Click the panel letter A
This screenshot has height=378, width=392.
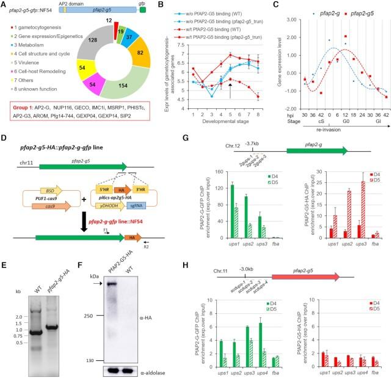(4, 6)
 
